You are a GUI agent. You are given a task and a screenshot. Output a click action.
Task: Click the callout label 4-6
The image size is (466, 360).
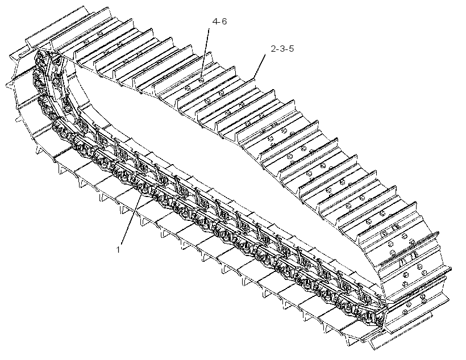click(x=219, y=22)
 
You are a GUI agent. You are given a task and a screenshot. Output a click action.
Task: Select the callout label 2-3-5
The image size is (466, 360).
click(x=282, y=48)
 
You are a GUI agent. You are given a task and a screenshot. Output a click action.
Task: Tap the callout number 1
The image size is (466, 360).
click(x=118, y=250)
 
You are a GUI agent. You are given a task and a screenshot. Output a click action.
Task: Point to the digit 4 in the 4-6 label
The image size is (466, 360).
click(x=215, y=22)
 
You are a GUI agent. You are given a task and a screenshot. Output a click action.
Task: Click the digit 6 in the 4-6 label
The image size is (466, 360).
click(x=224, y=22)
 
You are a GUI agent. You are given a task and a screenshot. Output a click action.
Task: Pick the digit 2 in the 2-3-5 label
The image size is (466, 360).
click(x=273, y=48)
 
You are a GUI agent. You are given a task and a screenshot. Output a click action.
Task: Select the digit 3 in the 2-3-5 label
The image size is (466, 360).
click(x=282, y=48)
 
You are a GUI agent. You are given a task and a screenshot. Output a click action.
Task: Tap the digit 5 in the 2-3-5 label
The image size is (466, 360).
click(x=290, y=48)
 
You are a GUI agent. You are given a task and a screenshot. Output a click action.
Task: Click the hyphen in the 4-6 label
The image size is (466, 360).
click(x=219, y=22)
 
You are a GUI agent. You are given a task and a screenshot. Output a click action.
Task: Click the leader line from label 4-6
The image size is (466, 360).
click(x=205, y=53)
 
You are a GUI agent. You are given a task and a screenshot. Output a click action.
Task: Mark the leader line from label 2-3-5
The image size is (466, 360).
click(x=260, y=66)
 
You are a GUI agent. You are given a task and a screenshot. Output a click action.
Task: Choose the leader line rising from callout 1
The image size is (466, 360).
click(x=131, y=219)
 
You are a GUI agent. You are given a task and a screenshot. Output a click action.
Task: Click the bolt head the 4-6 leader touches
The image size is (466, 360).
click(x=201, y=80)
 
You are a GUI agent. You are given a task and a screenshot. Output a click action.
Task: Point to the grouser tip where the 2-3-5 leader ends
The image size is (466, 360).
click(x=253, y=79)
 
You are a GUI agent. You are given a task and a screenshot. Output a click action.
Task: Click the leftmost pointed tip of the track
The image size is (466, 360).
click(x=6, y=86)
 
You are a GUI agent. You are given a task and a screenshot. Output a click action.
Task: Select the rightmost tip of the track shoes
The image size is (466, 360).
click(x=451, y=269)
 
